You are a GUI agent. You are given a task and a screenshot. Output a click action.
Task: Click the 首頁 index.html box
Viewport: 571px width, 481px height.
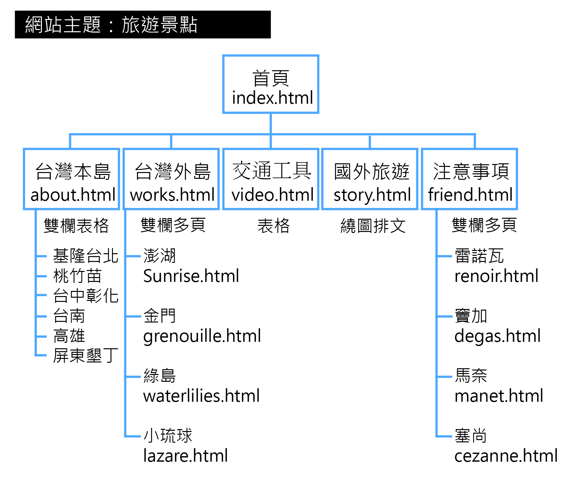271,84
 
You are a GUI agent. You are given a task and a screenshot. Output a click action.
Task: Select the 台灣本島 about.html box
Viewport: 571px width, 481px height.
72,179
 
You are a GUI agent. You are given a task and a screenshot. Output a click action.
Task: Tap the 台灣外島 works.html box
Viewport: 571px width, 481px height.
171,179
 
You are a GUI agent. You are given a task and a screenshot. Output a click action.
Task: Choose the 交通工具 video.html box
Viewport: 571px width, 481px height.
271,179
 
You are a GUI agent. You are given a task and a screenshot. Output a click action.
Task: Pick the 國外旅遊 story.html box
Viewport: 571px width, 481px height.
370,179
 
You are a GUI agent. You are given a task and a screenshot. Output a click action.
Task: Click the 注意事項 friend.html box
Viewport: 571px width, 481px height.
470,179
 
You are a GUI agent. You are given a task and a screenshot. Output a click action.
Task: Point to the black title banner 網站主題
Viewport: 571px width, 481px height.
143,24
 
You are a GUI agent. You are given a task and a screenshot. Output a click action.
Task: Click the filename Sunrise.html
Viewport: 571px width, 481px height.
191,276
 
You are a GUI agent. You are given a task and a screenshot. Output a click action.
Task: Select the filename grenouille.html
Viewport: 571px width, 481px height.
202,336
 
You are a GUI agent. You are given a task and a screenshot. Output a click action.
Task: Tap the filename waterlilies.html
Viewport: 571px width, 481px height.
201,396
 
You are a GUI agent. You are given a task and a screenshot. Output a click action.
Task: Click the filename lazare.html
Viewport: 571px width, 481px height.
185,456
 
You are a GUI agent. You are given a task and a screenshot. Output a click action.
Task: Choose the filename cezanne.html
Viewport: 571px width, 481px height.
506,456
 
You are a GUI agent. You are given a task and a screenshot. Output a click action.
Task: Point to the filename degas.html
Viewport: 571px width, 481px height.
497,336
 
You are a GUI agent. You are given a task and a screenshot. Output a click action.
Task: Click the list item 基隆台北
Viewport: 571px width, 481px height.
86,256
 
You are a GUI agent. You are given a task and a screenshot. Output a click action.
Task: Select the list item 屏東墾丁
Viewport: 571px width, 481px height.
86,356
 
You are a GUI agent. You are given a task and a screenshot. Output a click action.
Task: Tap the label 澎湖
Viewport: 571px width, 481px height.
160,256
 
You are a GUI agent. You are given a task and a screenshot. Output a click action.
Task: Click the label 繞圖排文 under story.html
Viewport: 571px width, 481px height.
373,226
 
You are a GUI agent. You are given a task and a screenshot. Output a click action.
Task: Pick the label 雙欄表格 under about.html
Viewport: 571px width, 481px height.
76,226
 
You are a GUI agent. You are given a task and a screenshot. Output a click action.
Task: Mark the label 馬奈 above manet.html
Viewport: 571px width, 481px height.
471,376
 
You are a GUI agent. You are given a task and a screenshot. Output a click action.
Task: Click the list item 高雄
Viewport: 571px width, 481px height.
69,336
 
